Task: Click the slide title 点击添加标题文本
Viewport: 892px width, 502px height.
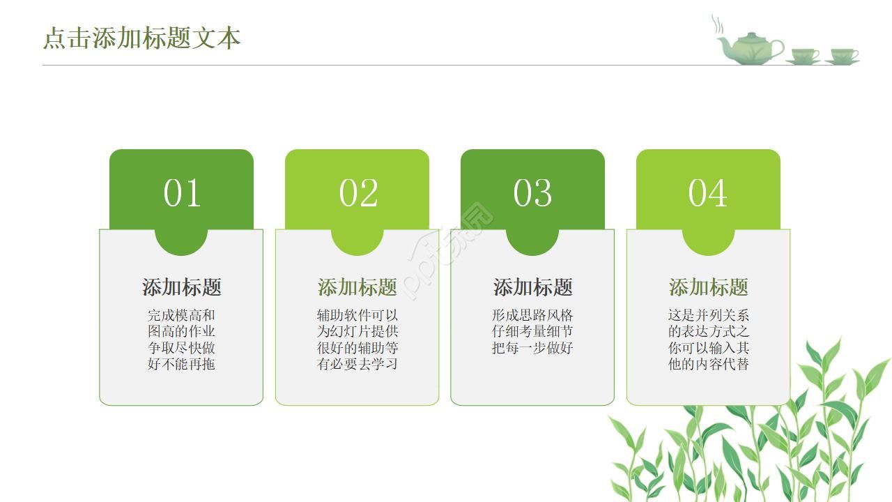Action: pos(141,38)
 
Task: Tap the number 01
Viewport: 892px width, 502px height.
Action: pos(182,193)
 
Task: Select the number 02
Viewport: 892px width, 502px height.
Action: pos(357,193)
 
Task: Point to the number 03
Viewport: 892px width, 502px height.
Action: pos(532,193)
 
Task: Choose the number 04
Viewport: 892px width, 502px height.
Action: pos(708,193)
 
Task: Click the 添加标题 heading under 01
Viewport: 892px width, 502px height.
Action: pos(182,287)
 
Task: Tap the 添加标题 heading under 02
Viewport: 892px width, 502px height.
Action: pos(357,287)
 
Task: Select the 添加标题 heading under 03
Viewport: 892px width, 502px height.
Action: pos(533,287)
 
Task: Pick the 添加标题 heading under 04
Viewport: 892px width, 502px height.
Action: pos(709,287)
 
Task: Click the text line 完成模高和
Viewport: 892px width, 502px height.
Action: pos(181,315)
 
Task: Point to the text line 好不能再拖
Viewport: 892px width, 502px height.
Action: pos(181,364)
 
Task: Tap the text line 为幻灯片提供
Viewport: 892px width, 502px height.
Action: pos(357,331)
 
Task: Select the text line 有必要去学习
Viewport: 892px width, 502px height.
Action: pos(357,364)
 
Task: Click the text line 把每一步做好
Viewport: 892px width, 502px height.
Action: pos(532,348)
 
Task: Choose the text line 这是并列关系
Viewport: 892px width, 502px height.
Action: pos(709,315)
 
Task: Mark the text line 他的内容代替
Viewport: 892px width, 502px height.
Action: pos(709,364)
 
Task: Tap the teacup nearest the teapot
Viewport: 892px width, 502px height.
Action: pos(803,56)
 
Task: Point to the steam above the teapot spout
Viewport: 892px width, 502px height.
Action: pos(718,24)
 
